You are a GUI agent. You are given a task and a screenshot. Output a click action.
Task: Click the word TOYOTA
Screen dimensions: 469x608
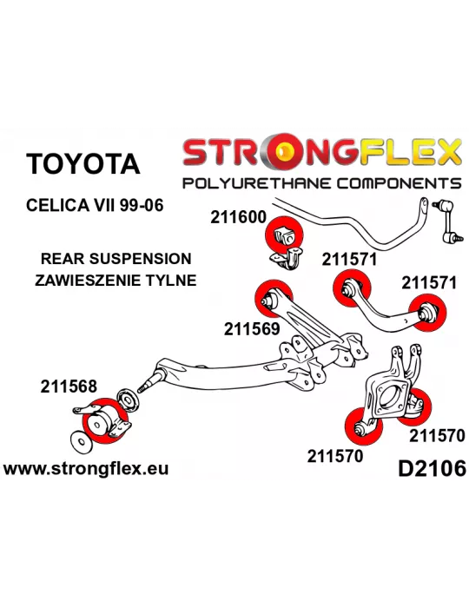click(83, 163)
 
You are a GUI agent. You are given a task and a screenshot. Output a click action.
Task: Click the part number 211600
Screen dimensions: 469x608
click(238, 217)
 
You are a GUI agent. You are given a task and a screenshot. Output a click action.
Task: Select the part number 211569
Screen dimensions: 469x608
click(252, 329)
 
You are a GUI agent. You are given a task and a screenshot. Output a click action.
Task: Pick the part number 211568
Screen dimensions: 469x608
click(69, 387)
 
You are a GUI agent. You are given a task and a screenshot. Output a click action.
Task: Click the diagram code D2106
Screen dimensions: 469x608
click(432, 468)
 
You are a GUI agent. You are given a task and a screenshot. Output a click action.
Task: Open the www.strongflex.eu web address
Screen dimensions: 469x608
click(86, 468)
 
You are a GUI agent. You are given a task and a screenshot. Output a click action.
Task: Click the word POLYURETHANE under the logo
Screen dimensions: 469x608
click(256, 182)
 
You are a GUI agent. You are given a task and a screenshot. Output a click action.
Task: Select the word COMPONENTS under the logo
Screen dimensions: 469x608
click(399, 182)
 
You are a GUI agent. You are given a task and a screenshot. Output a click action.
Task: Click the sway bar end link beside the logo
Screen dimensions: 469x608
click(448, 221)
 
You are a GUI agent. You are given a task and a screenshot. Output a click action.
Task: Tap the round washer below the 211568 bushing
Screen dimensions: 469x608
click(82, 441)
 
